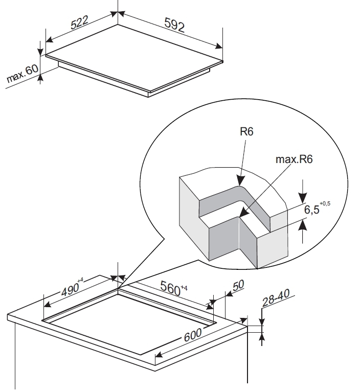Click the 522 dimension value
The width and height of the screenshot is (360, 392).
[x=80, y=22]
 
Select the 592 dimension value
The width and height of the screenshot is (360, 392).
[x=174, y=25]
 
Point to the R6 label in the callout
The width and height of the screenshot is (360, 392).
[x=246, y=131]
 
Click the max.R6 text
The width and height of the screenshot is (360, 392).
[x=294, y=159]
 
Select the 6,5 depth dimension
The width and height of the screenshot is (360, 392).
[x=312, y=209]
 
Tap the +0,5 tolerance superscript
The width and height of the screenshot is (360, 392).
[x=325, y=203]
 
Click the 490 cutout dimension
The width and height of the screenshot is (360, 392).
[x=70, y=290]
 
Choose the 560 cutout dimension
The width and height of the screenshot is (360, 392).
[x=170, y=288]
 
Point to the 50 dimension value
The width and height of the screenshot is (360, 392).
[x=238, y=285]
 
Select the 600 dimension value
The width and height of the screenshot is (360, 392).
[x=193, y=335]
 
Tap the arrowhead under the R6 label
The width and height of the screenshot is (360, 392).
[x=241, y=180]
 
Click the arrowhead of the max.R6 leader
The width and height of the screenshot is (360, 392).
[x=244, y=212]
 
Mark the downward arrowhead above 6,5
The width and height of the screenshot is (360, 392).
[x=303, y=198]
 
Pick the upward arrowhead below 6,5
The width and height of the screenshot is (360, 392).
[x=303, y=224]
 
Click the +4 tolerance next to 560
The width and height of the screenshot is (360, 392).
[x=184, y=288]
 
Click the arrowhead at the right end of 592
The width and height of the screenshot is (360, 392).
[x=218, y=46]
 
